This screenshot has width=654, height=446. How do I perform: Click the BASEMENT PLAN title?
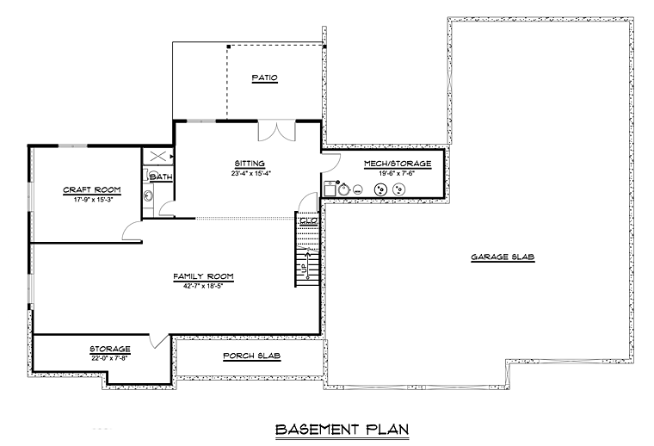[342, 430]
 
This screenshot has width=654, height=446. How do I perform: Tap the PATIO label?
[264, 77]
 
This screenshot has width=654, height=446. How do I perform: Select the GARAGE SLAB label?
[503, 257]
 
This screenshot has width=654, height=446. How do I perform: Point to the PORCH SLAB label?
[252, 356]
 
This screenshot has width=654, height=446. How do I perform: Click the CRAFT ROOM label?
[92, 189]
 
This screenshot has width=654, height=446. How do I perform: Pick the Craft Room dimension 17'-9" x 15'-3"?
[94, 200]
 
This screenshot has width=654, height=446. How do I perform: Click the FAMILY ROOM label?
[204, 276]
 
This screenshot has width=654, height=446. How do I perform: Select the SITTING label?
[250, 164]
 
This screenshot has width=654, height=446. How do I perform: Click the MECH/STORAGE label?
[398, 164]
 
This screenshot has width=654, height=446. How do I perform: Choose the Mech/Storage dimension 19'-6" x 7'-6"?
[396, 173]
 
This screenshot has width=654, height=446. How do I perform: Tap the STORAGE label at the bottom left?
[110, 349]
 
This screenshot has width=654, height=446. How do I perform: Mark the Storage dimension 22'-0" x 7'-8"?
[109, 358]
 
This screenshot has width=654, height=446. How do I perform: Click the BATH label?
[161, 177]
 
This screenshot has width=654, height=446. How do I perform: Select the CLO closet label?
[309, 221]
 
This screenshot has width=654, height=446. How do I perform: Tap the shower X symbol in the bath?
[157, 157]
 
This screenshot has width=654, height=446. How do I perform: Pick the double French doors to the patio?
[277, 130]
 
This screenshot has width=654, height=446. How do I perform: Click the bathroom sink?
[148, 195]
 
